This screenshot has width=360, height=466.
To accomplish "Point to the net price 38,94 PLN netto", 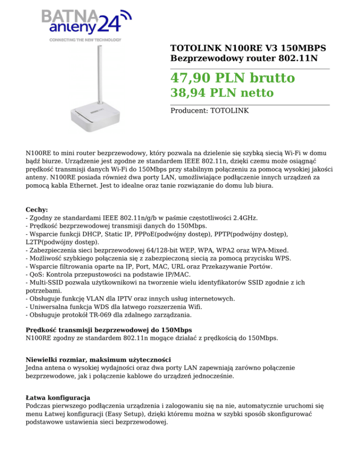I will pos(222,93).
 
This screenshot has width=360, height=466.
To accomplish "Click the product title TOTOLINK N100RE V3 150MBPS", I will pos(248,48).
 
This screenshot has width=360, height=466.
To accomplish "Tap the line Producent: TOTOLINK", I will pos(210,111).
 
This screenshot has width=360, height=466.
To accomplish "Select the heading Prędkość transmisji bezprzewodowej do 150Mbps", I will pos(109,330).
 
